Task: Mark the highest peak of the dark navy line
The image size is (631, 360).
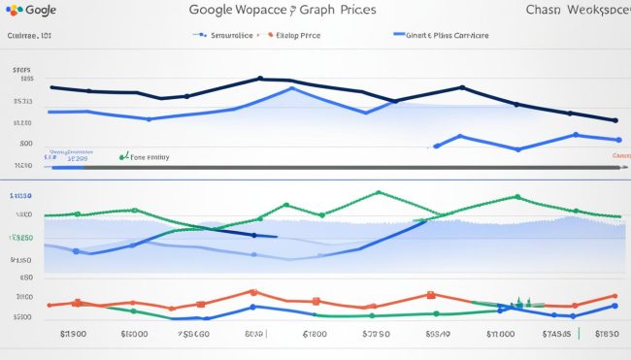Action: click(x=260, y=79)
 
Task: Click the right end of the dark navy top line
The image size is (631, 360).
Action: click(x=615, y=121)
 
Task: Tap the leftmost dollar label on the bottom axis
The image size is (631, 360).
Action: click(x=74, y=335)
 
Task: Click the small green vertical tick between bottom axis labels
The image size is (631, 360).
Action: click(x=579, y=334)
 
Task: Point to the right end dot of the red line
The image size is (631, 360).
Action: click(x=614, y=296)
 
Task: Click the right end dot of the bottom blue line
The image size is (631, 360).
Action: click(x=614, y=306)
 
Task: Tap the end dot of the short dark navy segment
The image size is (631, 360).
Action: click(x=255, y=235)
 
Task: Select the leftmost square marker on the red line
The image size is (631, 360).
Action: click(x=77, y=302)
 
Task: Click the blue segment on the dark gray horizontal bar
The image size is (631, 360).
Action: click(x=68, y=168)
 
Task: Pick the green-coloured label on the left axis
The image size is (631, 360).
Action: click(x=21, y=238)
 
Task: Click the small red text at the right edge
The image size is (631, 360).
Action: click(x=619, y=155)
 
